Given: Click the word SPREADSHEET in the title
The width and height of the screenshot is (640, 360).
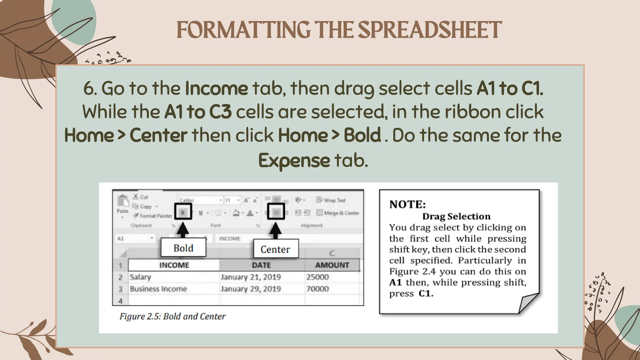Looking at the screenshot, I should point(430,30).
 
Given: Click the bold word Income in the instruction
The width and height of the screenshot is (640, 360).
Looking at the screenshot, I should point(216,88).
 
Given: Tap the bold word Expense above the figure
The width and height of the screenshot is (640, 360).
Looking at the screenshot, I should point(294,161).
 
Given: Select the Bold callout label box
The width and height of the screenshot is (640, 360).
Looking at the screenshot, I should point(183,248).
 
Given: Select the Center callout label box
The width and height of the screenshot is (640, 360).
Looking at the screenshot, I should point(275,249).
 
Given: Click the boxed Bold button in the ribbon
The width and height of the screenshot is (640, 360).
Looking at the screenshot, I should point(183,212).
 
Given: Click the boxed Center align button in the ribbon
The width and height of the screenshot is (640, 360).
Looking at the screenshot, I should point(276,212).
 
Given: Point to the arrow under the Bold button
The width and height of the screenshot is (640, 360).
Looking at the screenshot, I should point(183,229).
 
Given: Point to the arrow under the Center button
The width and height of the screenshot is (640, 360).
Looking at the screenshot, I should point(275,230).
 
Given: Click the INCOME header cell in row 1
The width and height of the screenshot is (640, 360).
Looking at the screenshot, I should point(174,265).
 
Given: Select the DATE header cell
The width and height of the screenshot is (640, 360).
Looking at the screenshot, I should point(262,265).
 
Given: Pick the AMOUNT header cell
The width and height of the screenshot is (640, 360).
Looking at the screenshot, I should point(332,265).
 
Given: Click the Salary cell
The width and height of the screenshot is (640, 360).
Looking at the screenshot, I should point(141,277).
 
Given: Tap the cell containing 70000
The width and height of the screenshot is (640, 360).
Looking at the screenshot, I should point(317,289).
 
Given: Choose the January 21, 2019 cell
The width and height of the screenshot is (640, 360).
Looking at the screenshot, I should point(251,277).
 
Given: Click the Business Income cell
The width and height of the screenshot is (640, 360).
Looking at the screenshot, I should point(158,289).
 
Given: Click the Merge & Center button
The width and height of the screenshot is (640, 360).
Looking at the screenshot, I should point(338,213).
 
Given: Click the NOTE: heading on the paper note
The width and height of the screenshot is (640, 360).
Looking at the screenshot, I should point(407,204).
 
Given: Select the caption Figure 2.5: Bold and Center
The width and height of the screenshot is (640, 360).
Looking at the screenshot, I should point(172,317).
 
